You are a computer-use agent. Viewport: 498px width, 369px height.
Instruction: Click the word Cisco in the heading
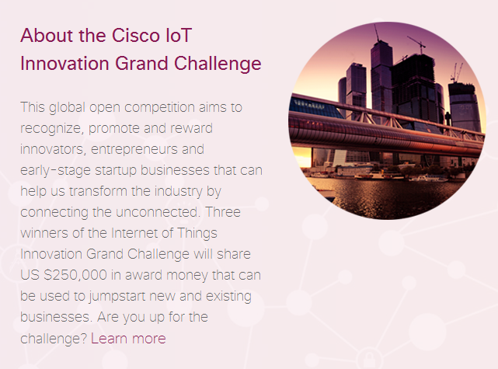click(x=136, y=35)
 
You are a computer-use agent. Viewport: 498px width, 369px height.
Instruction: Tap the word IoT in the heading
click(x=179, y=35)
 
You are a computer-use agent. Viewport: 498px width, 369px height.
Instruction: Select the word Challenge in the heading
click(x=218, y=64)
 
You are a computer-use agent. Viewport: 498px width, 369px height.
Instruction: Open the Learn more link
click(x=128, y=338)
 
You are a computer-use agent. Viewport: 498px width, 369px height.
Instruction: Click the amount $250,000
click(x=75, y=275)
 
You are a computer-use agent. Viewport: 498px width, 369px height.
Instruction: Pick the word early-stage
click(x=56, y=171)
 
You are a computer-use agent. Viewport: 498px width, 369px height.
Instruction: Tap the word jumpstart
click(x=117, y=297)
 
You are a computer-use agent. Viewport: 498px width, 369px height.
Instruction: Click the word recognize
click(x=52, y=129)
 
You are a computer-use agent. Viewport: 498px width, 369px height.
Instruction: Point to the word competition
click(x=160, y=108)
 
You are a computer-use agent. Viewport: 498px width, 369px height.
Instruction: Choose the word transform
click(x=98, y=191)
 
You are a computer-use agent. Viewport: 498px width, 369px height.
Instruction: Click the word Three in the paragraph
click(x=223, y=212)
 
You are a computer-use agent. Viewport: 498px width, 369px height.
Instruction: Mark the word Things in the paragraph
click(x=197, y=233)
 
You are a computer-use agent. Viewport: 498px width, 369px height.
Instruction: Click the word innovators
click(x=53, y=150)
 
